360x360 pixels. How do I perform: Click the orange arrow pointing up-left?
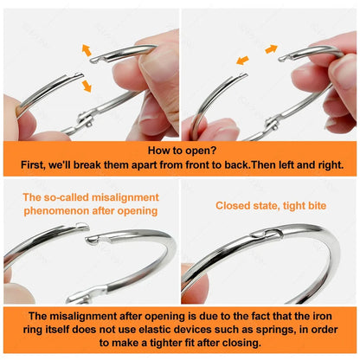point(87,50)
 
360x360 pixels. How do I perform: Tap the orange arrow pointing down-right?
point(87,86)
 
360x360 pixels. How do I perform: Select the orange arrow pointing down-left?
point(242,61)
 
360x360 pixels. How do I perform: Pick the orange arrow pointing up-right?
point(271,49)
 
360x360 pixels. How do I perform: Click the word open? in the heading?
point(201,151)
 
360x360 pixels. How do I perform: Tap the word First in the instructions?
point(33,165)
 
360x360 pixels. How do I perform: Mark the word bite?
point(317,206)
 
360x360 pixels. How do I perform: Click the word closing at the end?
point(241,343)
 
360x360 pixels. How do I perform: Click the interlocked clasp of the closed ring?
point(267,233)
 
